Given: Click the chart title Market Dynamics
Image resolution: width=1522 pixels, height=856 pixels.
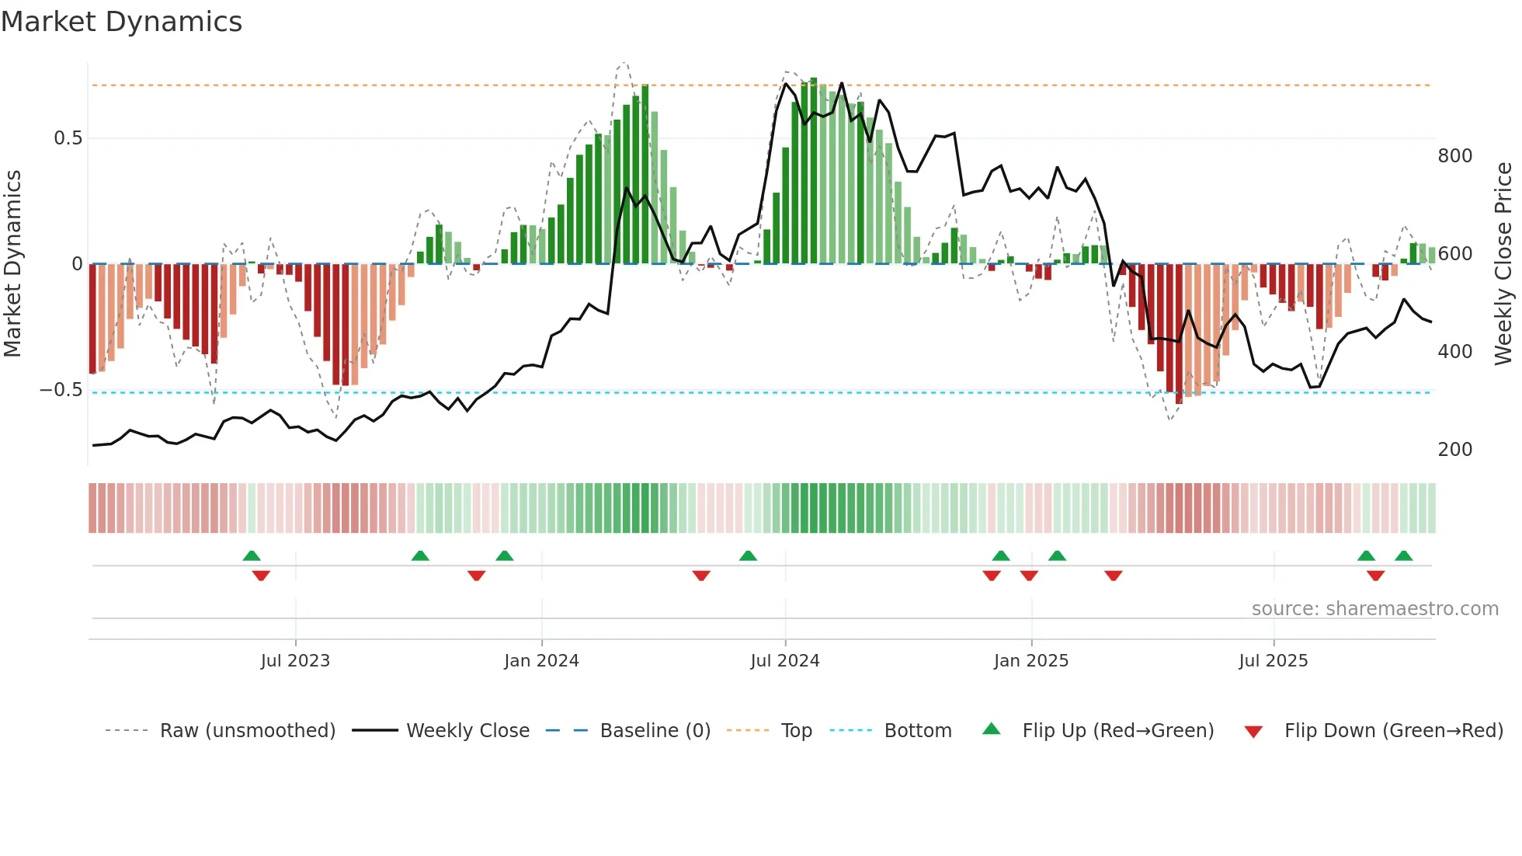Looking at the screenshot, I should (x=121, y=22).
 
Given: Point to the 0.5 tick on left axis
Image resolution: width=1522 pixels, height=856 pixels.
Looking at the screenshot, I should (x=68, y=138).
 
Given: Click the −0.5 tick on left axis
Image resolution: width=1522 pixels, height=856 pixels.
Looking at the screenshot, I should (x=61, y=390).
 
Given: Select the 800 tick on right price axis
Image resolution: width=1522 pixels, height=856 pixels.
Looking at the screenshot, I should (x=1454, y=156).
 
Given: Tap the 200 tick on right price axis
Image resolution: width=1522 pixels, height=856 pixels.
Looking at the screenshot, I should (x=1454, y=450).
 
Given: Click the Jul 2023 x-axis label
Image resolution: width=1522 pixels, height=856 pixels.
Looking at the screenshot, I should (x=295, y=661).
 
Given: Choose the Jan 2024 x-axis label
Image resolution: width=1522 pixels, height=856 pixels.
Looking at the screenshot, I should (x=541, y=661).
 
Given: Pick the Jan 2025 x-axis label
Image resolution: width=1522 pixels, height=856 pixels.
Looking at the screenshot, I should (x=1030, y=661).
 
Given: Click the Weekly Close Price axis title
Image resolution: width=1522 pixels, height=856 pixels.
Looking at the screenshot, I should (x=1503, y=264).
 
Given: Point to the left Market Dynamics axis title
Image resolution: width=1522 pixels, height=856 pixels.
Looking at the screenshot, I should (x=12, y=264).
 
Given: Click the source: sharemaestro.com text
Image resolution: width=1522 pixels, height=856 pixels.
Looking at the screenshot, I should (x=1374, y=609).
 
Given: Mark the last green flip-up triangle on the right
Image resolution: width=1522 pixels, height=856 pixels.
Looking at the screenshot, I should (x=1403, y=556).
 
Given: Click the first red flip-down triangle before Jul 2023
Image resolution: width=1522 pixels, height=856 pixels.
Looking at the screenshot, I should (x=261, y=576).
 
